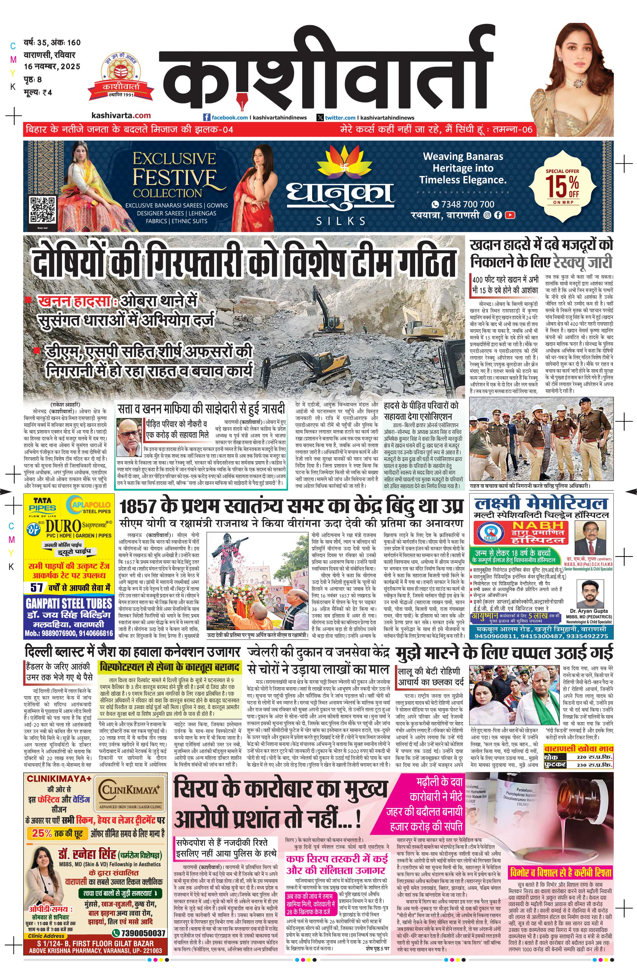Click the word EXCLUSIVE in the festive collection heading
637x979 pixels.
tap(174, 159)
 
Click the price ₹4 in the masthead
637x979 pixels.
tap(47, 93)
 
